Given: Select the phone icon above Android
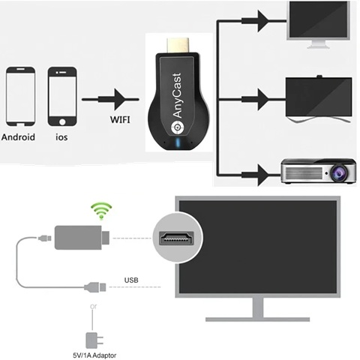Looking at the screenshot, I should point(20,97).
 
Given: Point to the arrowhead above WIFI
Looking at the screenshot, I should point(116,99).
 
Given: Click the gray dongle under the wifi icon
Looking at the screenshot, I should point(83,238).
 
